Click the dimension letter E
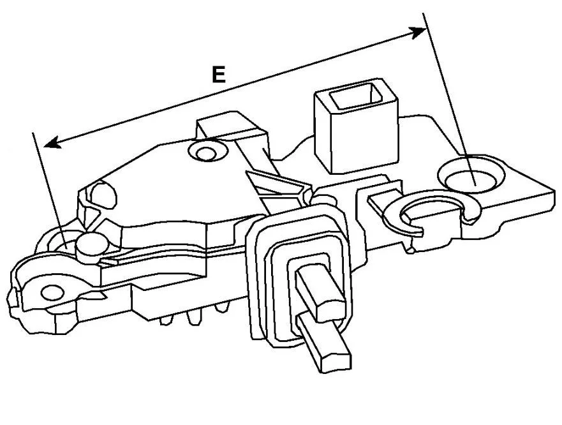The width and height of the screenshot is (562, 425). [219, 74]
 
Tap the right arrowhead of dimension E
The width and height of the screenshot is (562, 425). [418, 33]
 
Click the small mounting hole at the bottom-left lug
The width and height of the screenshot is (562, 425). [53, 292]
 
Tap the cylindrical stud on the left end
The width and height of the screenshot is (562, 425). [91, 247]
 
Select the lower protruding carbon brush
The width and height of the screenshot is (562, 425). [323, 343]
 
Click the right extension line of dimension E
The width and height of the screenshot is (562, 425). [450, 100]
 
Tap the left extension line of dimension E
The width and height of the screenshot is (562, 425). [50, 190]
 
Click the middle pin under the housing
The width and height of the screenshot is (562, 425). [192, 317]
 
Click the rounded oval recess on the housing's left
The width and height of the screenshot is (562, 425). [104, 195]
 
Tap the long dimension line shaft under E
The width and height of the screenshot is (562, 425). [235, 87]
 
